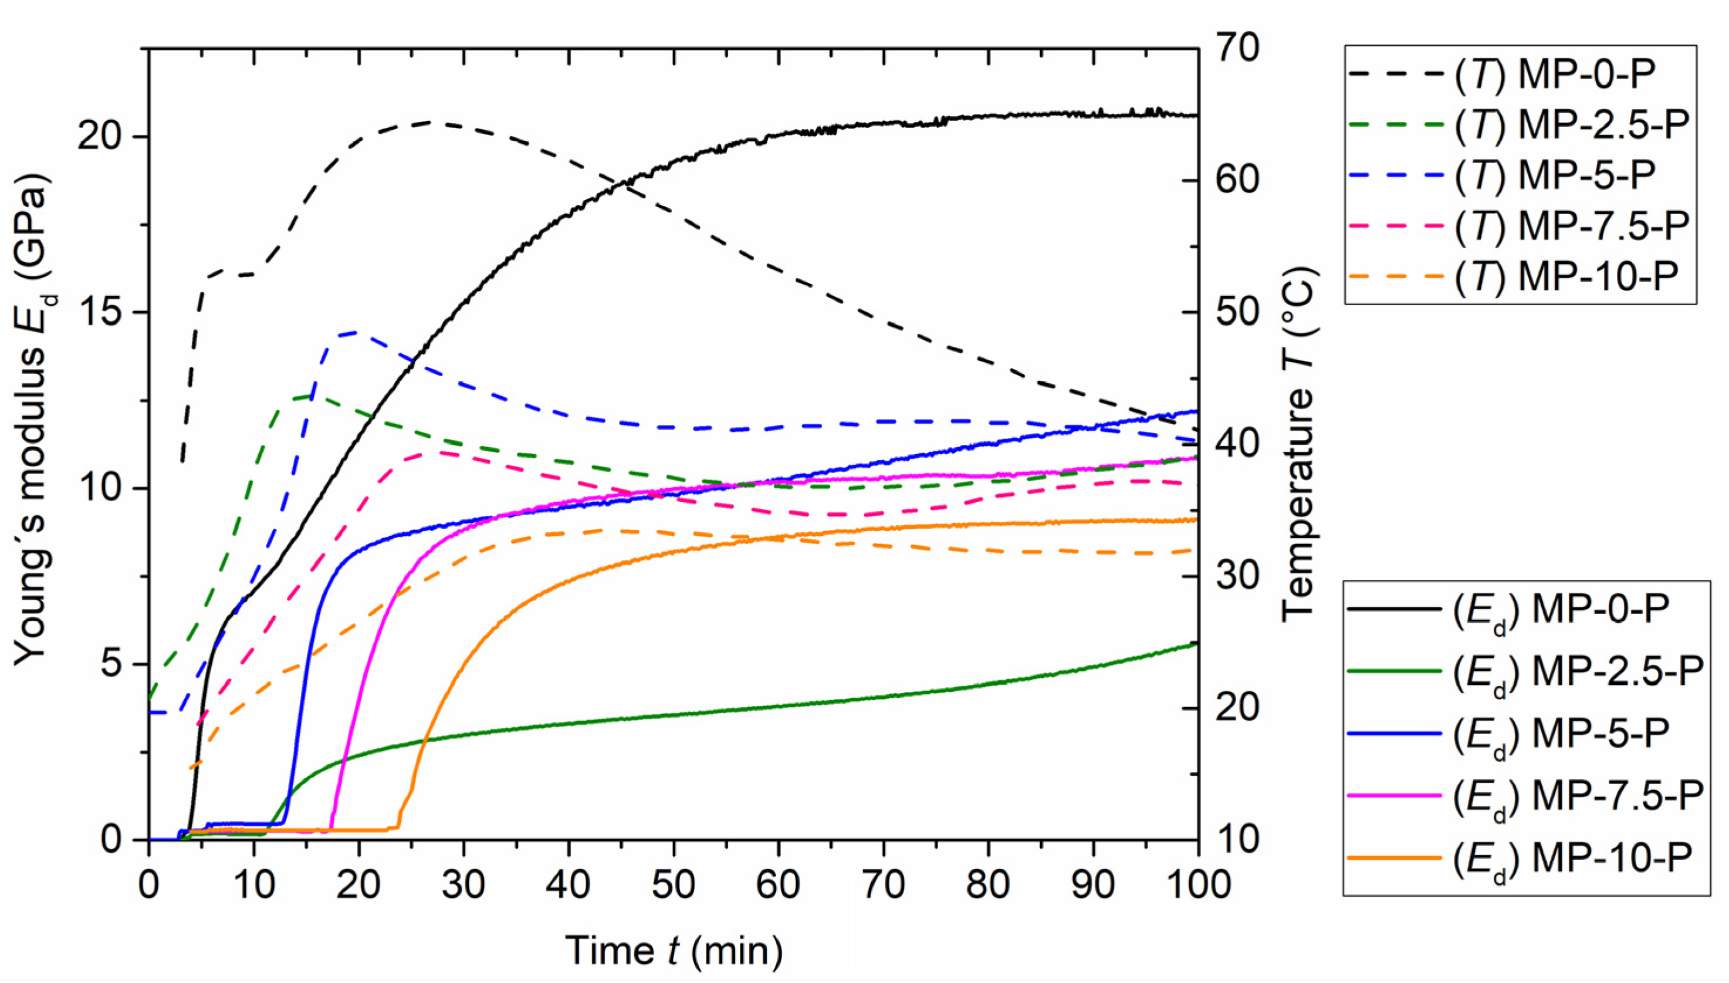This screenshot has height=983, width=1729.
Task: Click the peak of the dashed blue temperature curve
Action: (x=356, y=332)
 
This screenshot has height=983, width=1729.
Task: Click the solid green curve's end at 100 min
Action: (x=1196, y=643)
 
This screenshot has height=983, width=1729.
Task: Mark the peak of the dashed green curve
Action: (x=310, y=396)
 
